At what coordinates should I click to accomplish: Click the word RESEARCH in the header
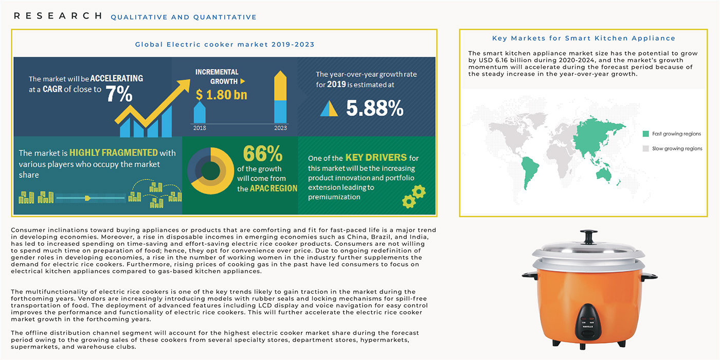click(58, 16)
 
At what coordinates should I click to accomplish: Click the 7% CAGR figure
click(119, 94)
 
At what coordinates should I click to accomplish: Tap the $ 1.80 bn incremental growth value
click(221, 94)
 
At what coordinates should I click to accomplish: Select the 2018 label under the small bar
click(200, 128)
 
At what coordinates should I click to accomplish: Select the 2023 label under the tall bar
click(280, 128)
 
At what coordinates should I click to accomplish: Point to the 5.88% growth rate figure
click(374, 108)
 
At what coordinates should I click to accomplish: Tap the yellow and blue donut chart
click(208, 171)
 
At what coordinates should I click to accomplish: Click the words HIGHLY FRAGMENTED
click(113, 153)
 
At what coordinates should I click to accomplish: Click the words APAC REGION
click(274, 188)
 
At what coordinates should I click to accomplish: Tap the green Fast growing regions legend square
click(646, 134)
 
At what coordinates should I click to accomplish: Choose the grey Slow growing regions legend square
click(646, 149)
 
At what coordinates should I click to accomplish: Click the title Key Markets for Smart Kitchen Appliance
click(584, 38)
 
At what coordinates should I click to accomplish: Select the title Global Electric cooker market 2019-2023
click(225, 44)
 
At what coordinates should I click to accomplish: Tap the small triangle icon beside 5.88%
click(329, 108)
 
